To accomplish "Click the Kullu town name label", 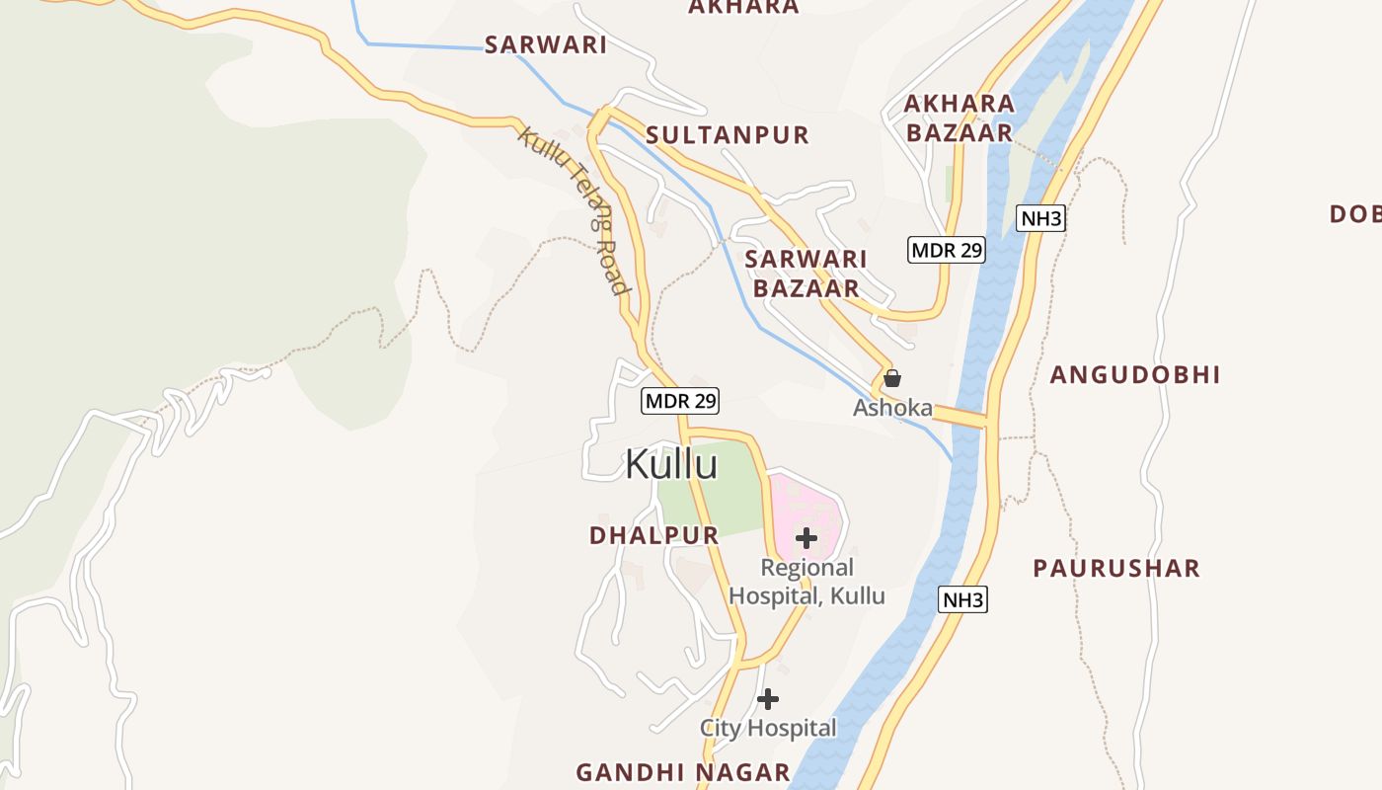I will tap(671, 464).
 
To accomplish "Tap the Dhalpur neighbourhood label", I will tap(653, 535).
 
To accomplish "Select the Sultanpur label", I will tap(728, 135).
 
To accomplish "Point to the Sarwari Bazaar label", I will tap(806, 274).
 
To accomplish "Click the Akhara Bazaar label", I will tap(960, 118).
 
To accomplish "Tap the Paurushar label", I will tap(1116, 569).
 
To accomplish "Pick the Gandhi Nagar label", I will tap(683, 772).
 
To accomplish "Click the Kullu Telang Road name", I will tap(574, 211).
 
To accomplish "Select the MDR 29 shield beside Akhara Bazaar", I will tap(947, 250).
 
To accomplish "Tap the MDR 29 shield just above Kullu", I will tap(680, 401).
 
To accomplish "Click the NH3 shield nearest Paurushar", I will tap(962, 599).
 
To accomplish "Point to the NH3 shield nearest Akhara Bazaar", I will tap(1041, 218).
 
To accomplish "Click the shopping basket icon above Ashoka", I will tap(892, 377).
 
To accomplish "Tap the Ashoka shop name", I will tap(892, 407).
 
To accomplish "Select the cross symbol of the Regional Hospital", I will tap(806, 538).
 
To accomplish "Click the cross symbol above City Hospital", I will tap(768, 699).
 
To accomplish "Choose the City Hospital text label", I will tap(768, 729).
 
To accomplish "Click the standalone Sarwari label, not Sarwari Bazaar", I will tap(545, 44).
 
